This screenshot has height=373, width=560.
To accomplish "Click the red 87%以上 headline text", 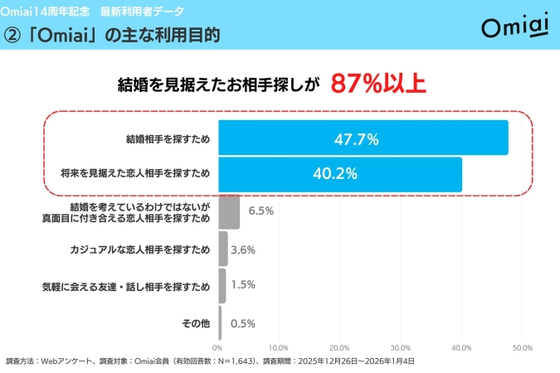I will click(378, 84).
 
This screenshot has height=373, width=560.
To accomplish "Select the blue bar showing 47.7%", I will click(363, 138).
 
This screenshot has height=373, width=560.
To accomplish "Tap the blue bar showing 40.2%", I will click(340, 174).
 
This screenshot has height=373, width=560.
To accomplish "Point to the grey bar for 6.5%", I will click(230, 211).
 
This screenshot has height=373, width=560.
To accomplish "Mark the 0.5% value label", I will click(242, 323).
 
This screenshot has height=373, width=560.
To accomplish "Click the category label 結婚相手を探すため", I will click(169, 138).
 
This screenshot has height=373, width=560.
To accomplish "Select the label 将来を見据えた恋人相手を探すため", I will click(135, 174).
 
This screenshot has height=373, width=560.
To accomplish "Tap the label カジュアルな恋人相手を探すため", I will click(140, 249).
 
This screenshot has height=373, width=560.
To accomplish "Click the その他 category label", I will click(195, 323).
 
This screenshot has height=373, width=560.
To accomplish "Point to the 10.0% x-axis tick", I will click(278, 347).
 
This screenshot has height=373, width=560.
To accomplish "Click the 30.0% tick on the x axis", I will click(400, 347).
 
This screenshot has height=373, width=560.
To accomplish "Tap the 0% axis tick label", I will click(218, 347).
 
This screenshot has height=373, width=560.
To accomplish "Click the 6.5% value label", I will click(261, 211).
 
